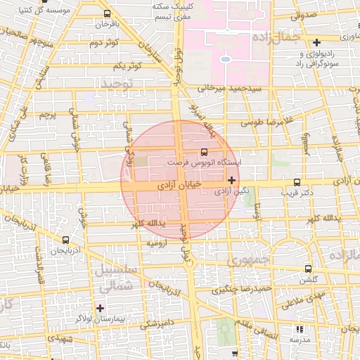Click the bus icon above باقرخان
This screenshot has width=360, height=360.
click(x=106, y=13)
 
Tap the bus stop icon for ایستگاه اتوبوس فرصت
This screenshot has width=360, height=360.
click(x=205, y=151)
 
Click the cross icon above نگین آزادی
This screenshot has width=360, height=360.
click(x=232, y=180)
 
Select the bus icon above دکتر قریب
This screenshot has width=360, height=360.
click(x=297, y=181)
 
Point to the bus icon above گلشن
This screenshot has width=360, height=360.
click(x=308, y=268)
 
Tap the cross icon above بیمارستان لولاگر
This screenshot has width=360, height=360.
click(x=100, y=308)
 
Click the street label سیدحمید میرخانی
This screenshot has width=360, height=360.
click(x=229, y=89)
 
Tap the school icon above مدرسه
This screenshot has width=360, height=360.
click(x=300, y=328)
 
